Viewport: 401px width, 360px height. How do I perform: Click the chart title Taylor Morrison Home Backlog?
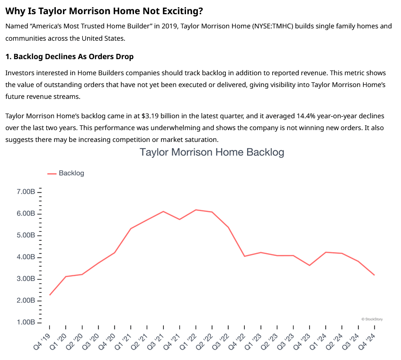(x=212, y=152)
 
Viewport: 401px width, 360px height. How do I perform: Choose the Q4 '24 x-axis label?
(x=368, y=342)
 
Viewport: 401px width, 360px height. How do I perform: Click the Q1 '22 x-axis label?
(x=189, y=342)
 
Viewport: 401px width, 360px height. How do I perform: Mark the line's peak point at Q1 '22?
(x=196, y=210)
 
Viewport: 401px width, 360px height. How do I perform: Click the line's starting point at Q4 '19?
(x=50, y=295)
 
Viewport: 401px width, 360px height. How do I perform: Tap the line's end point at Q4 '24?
(x=374, y=275)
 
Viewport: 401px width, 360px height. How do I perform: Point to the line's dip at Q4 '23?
(x=309, y=265)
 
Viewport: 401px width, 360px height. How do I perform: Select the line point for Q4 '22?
(x=244, y=256)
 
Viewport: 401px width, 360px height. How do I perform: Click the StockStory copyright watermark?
(x=372, y=319)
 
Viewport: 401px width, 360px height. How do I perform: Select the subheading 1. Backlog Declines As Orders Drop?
(x=70, y=57)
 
